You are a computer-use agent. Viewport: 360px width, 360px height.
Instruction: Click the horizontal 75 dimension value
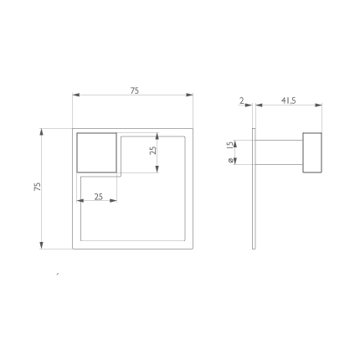135,90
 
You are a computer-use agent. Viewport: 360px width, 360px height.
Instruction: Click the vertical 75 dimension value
38,187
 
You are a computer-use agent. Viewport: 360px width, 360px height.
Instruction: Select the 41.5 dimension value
289,100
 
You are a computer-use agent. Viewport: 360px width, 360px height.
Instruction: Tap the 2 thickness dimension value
242,100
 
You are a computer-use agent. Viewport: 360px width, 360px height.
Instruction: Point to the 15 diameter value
230,145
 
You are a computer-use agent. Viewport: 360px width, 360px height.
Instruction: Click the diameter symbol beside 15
231,161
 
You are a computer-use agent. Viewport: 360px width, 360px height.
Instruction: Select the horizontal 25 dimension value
99,197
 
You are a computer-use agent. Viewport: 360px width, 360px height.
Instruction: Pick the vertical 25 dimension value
153,151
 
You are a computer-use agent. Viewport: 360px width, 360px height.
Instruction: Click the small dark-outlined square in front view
96,152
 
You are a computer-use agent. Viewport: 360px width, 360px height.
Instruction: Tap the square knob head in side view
312,152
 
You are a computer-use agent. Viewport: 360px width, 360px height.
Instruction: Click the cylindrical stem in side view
279,152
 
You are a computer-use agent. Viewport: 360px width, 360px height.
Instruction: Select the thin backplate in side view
254,188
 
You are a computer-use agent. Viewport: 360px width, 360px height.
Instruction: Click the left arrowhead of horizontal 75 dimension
76,95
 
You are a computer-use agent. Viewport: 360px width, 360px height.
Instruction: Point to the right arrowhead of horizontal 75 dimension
189,95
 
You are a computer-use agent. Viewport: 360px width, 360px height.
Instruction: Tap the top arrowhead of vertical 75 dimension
41,132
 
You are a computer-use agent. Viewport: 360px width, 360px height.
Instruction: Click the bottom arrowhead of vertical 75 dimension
41,245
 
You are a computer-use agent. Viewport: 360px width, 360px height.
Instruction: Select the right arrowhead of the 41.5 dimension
318,105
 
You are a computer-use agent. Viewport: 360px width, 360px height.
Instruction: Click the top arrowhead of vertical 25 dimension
157,136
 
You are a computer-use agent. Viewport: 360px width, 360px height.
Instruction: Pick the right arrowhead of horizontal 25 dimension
113,200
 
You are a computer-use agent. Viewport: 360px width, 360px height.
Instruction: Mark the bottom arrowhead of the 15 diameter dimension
235,161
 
